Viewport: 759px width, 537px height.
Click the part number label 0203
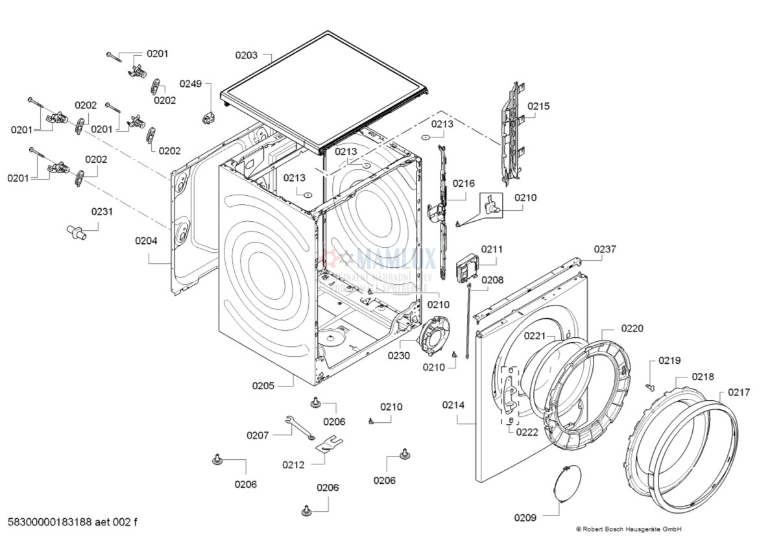click(246, 56)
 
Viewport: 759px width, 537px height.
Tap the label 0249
click(191, 84)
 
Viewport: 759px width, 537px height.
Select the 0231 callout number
click(101, 211)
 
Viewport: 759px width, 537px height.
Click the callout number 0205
click(263, 385)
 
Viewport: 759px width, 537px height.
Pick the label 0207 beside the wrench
click(258, 435)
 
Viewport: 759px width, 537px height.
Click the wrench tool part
click(298, 428)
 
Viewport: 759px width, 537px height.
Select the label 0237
click(605, 249)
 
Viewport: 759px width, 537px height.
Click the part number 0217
click(738, 392)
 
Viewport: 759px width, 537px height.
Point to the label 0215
click(538, 106)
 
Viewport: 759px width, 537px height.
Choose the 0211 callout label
click(491, 249)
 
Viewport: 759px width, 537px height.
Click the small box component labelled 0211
click(470, 267)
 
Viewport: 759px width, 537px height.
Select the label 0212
click(293, 464)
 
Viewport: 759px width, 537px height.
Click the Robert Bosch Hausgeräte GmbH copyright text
click(628, 529)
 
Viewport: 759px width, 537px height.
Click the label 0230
click(399, 355)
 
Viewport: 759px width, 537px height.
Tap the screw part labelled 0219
click(650, 386)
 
